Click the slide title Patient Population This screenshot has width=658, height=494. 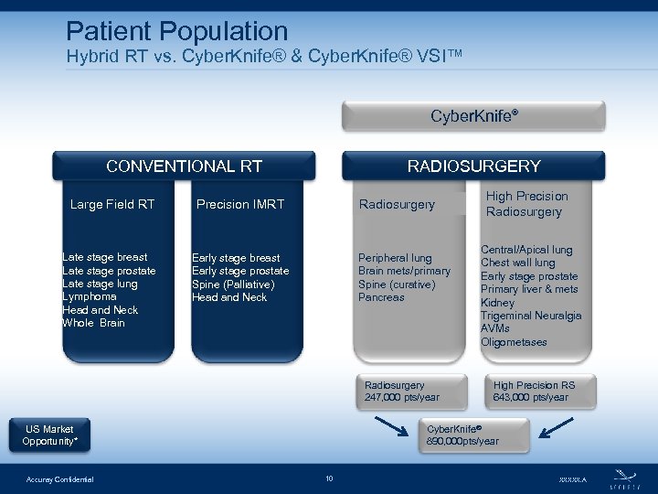[x=177, y=32]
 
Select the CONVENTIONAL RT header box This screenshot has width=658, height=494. [x=184, y=166]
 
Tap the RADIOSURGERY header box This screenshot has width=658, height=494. [x=473, y=166]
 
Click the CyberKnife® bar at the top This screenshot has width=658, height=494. [x=473, y=116]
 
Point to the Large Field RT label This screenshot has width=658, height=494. [x=112, y=204]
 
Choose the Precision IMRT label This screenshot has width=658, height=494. [x=240, y=204]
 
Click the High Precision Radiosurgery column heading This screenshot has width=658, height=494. [x=526, y=204]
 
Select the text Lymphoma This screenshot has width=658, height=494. [x=90, y=296]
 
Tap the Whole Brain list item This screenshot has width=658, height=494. [x=94, y=323]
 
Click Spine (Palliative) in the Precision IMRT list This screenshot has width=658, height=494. [x=233, y=284]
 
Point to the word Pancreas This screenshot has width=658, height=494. [x=381, y=297]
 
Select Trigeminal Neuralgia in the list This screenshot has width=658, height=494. [x=531, y=316]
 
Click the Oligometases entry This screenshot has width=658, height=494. [x=514, y=342]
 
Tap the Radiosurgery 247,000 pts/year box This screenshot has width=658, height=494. [x=402, y=391]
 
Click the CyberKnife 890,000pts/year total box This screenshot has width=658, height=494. [x=462, y=435]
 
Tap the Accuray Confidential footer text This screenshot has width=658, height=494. [x=59, y=479]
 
